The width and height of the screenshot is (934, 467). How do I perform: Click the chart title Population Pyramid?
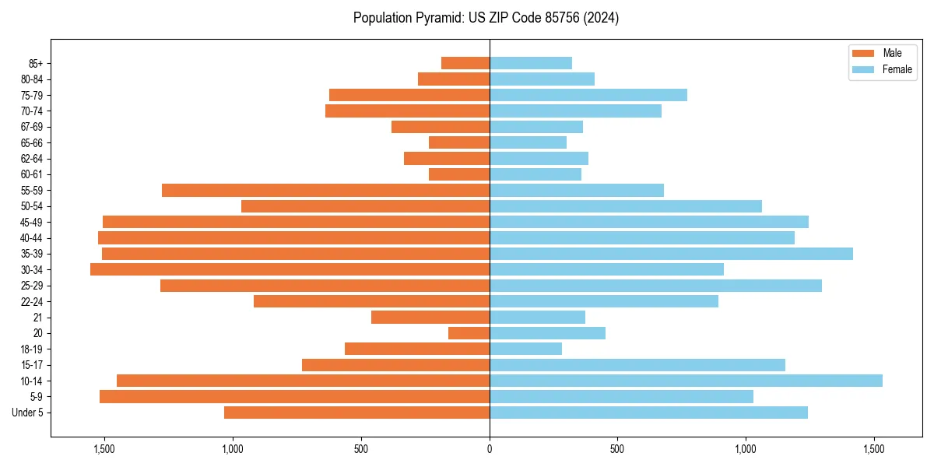(486, 18)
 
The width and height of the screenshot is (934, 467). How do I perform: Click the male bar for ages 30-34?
(290, 269)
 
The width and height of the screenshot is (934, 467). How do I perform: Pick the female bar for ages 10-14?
(686, 381)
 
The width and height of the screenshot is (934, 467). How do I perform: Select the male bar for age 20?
(469, 333)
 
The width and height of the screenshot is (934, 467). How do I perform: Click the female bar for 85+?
(531, 63)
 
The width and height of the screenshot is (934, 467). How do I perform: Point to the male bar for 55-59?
(325, 190)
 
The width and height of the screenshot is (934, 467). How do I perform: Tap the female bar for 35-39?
(671, 254)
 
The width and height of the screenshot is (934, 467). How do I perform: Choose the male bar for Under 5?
(356, 413)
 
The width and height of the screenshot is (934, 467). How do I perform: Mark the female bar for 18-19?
(525, 349)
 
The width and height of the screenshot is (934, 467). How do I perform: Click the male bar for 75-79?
(409, 95)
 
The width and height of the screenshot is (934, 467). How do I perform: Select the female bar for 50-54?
(626, 206)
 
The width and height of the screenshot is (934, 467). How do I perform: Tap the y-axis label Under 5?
(28, 413)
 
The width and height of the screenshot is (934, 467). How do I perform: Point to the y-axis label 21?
(38, 318)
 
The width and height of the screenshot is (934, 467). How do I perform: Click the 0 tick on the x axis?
(490, 448)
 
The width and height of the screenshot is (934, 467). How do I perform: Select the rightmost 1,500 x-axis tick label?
(874, 448)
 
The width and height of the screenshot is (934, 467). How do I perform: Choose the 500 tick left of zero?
(361, 448)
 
